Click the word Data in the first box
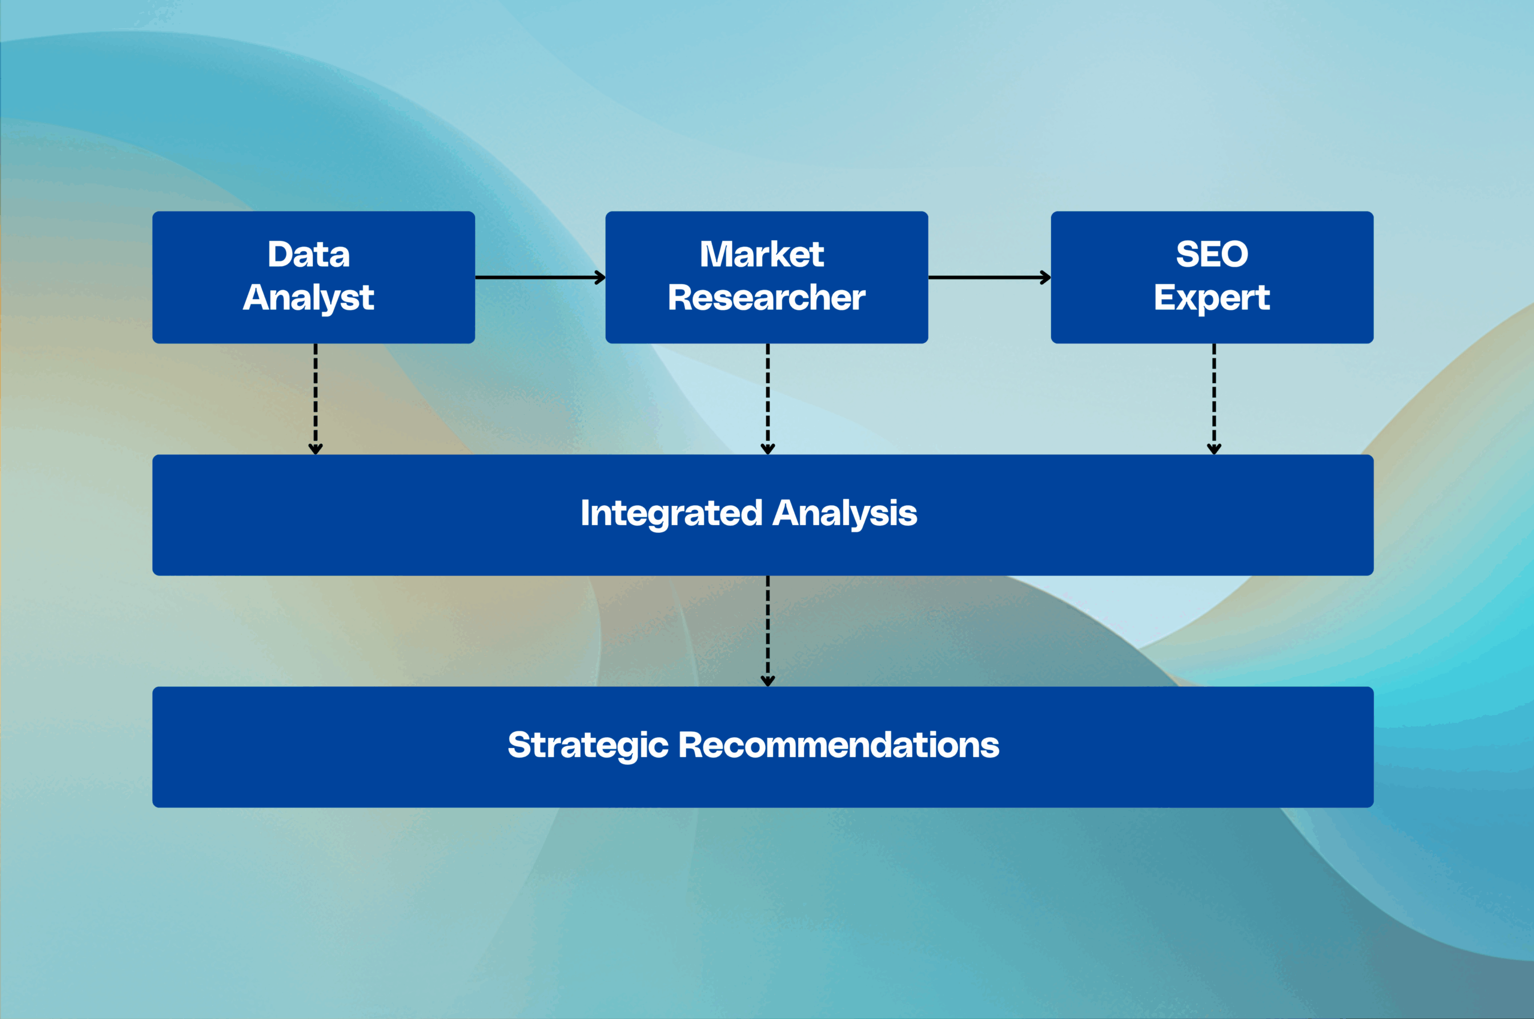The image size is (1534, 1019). tap(309, 254)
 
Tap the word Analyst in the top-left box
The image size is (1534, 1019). tap(309, 299)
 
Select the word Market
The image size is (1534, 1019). tap(762, 254)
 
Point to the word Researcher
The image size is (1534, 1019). tap(766, 298)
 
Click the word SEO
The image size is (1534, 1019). tap(1212, 254)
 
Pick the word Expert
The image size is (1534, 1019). tap(1212, 299)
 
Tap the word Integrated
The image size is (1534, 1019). tap(671, 514)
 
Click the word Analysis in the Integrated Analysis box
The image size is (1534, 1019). tap(845, 514)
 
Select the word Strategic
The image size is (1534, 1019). tap(588, 746)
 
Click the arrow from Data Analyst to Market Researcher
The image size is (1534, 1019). tap(540, 278)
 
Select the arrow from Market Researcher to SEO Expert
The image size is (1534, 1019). tap(989, 278)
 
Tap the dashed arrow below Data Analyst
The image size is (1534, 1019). tap(316, 399)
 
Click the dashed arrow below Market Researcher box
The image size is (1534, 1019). tap(768, 399)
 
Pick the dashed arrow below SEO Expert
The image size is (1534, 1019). tap(1213, 399)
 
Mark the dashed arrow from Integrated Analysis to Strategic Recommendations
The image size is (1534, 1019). tap(768, 631)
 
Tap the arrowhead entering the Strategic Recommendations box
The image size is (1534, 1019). tap(768, 681)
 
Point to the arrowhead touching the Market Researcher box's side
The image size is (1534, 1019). tap(600, 278)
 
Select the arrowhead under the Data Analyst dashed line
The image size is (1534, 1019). tap(316, 449)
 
